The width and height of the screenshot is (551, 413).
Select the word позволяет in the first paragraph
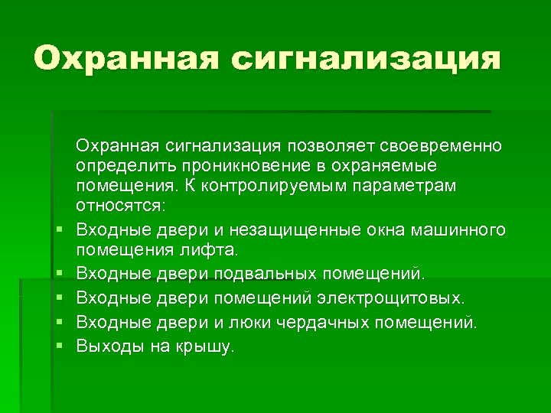pos(321,145)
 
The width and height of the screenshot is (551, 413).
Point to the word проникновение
pos(253,166)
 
